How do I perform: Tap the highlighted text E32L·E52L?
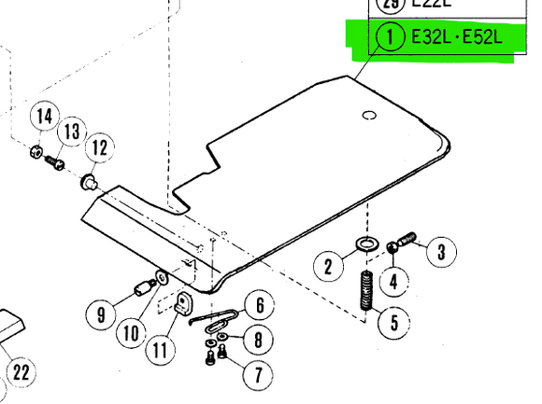[456, 38]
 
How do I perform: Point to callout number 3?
[442, 249]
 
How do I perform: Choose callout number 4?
[393, 280]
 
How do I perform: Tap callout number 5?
[393, 323]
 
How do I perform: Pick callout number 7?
[250, 374]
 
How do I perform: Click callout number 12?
[100, 147]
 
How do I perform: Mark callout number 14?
[42, 118]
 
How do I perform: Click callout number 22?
[21, 373]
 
